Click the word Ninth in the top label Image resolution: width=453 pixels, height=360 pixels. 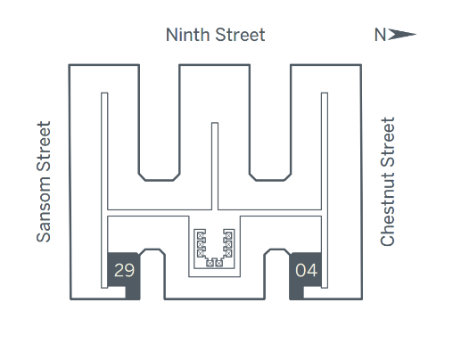pyautogui.click(x=187, y=35)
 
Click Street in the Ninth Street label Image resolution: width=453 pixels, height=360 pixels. pyautogui.click(x=240, y=35)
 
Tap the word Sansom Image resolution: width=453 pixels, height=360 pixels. pyautogui.click(x=44, y=209)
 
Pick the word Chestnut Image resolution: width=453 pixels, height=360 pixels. pyautogui.click(x=387, y=209)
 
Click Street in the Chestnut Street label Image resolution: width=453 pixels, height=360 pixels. pyautogui.click(x=387, y=142)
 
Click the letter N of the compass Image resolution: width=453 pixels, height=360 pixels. pyautogui.click(x=380, y=35)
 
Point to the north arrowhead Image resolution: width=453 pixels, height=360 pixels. pyautogui.click(x=402, y=35)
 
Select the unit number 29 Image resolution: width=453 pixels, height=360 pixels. pyautogui.click(x=124, y=270)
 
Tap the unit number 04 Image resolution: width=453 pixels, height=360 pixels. pyautogui.click(x=306, y=270)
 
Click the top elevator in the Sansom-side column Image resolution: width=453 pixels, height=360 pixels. pyautogui.click(x=201, y=236)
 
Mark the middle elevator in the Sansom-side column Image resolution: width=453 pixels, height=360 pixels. pyautogui.click(x=201, y=245)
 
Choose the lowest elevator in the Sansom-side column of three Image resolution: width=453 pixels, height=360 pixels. pyautogui.click(x=201, y=254)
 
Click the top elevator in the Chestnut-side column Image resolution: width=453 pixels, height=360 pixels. pyautogui.click(x=228, y=236)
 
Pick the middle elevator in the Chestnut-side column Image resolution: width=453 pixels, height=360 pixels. pyautogui.click(x=228, y=245)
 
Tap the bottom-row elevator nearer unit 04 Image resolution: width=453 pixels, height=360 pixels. pyautogui.click(x=219, y=263)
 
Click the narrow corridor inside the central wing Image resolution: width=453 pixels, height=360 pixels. pyautogui.click(x=215, y=167)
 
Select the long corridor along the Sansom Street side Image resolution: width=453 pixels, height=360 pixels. pyautogui.click(x=104, y=190)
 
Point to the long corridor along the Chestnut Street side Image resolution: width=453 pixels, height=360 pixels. pyautogui.click(x=325, y=190)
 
